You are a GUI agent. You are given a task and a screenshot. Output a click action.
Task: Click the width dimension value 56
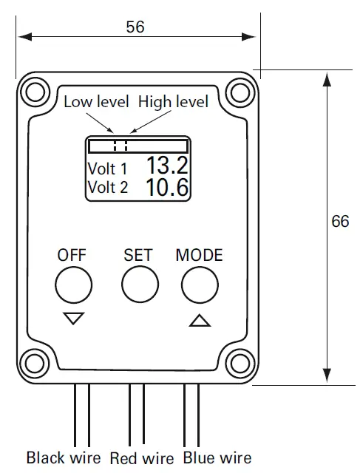135,27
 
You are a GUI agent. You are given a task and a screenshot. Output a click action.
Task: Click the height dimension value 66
340,222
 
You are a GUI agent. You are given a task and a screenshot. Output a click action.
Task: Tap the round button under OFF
74,285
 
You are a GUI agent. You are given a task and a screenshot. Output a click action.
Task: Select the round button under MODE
200,285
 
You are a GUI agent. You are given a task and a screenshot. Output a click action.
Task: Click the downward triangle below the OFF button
74,319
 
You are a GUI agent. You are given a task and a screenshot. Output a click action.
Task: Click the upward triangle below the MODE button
200,320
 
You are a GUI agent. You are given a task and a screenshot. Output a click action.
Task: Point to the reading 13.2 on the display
166,166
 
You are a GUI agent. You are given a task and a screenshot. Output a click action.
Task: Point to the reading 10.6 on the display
166,187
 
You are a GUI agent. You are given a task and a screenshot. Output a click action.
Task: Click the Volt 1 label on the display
107,168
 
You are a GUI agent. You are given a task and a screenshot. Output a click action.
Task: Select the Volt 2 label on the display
107,188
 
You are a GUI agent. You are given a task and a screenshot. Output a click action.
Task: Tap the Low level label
96,101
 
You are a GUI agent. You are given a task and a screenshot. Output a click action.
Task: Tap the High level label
173,101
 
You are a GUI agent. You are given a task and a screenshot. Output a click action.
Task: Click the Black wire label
64,458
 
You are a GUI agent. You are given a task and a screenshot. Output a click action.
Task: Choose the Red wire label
142,459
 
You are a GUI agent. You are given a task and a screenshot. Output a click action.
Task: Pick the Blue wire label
217,458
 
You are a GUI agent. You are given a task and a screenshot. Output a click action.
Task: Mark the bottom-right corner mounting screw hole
239,364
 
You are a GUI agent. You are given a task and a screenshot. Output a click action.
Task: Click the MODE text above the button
199,256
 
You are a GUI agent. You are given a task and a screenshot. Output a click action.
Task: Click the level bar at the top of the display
137,145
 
